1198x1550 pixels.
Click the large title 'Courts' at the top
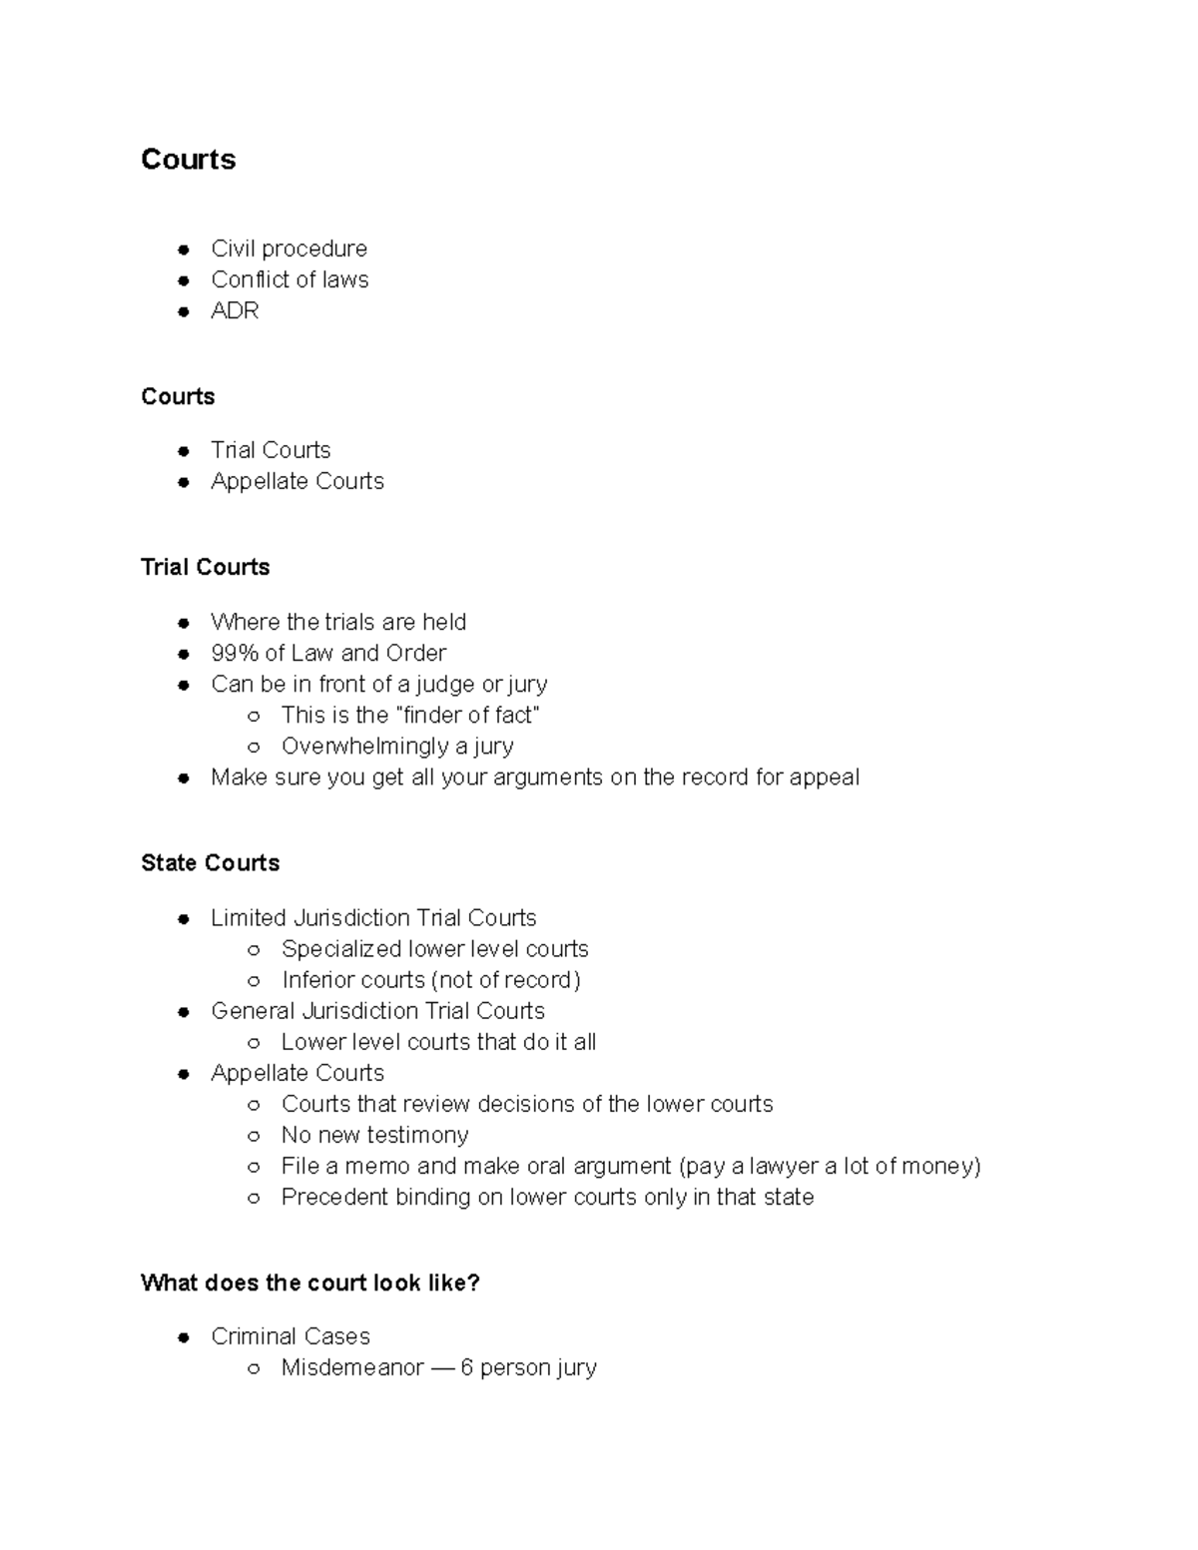tap(188, 160)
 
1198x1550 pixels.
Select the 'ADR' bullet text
tap(235, 310)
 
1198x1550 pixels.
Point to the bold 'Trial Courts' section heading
tap(205, 567)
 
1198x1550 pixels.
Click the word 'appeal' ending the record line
tap(824, 776)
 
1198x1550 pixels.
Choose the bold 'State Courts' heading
tap(210, 862)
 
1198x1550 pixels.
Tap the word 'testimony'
tap(417, 1135)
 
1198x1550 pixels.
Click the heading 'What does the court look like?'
tap(310, 1283)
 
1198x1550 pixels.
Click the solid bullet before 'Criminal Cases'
tap(184, 1337)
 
